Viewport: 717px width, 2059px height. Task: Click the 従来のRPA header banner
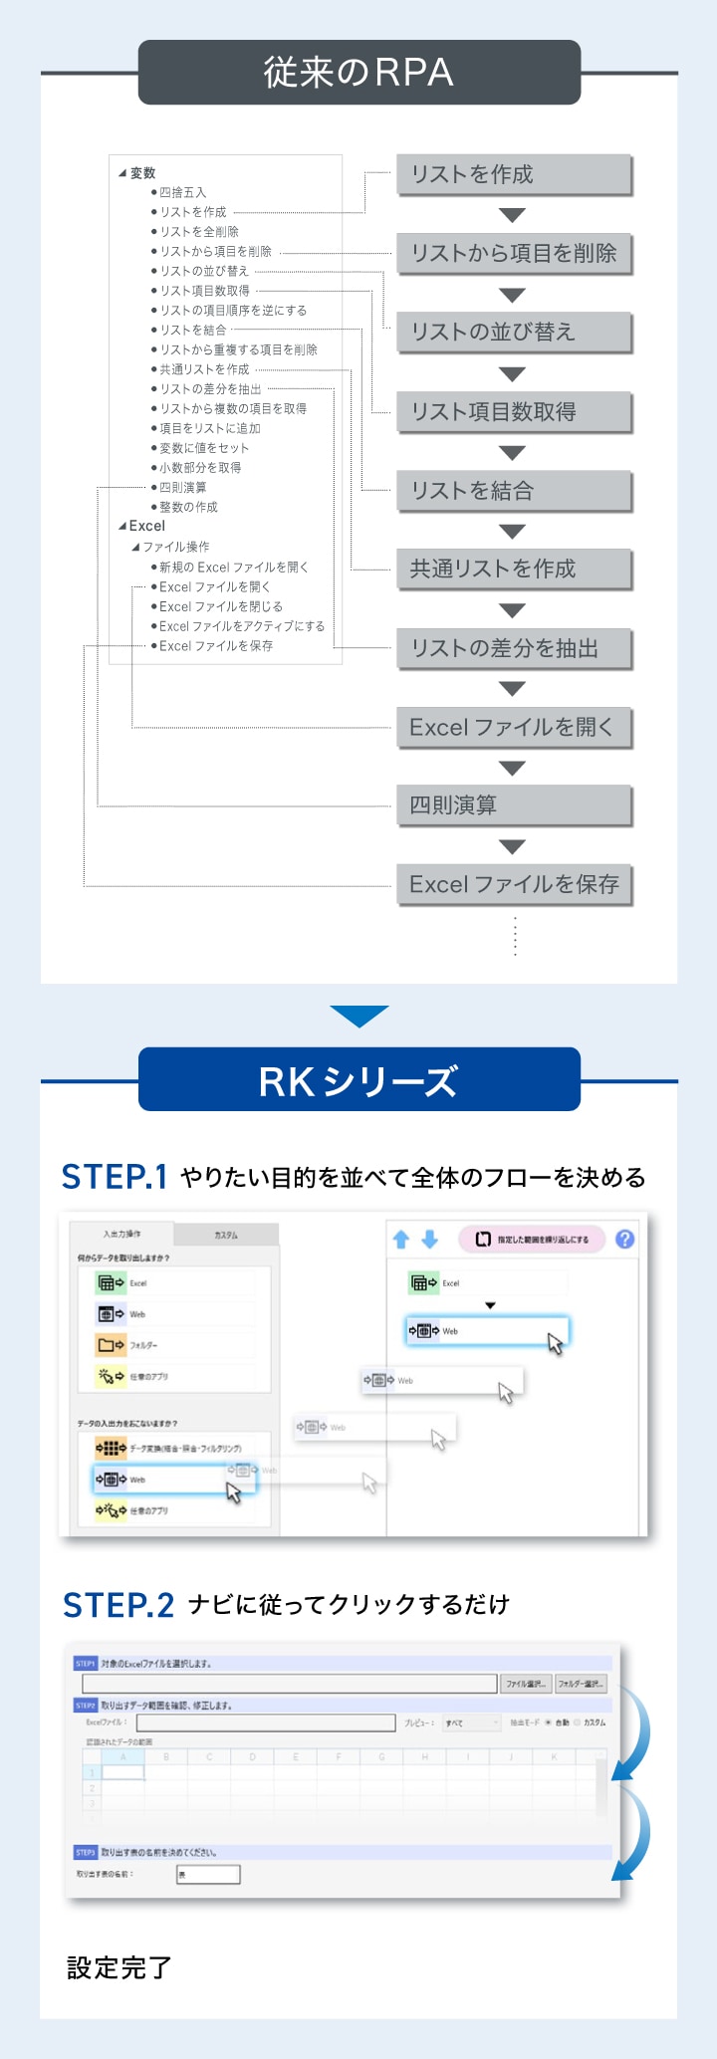tap(358, 73)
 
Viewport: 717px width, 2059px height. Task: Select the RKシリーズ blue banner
tap(358, 1080)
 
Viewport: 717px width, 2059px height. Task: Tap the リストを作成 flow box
tap(514, 174)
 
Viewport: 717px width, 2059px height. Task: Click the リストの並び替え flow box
tap(514, 332)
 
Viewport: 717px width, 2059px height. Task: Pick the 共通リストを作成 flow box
tap(514, 569)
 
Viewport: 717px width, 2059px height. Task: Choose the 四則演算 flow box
tap(514, 804)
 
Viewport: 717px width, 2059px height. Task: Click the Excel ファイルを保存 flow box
tap(514, 884)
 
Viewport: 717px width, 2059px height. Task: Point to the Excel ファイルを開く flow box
tap(514, 727)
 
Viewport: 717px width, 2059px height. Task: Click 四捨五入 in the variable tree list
tap(183, 192)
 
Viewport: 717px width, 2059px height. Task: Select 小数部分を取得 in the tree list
tap(200, 467)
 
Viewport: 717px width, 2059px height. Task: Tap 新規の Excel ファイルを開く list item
tap(233, 567)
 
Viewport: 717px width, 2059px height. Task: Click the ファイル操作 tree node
tap(175, 547)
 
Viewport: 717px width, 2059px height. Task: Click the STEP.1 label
tap(114, 1177)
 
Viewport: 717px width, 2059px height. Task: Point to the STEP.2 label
tap(118, 1605)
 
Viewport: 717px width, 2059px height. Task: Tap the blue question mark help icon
tap(624, 1239)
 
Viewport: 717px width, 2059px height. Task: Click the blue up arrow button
tap(401, 1239)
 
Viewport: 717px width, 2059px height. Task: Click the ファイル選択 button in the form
tap(525, 1684)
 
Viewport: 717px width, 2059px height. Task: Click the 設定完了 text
tap(119, 1967)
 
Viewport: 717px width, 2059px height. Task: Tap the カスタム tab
tap(226, 1235)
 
